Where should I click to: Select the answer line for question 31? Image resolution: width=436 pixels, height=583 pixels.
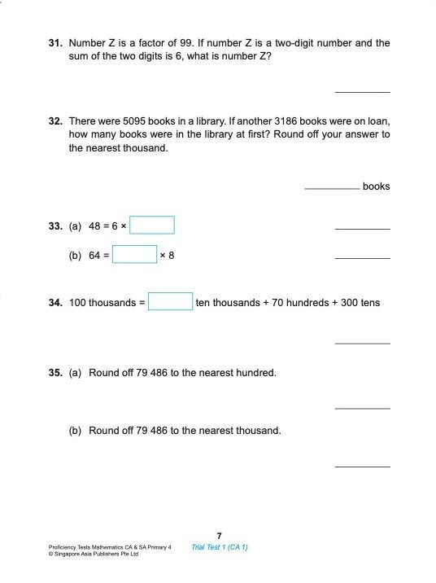(x=362, y=91)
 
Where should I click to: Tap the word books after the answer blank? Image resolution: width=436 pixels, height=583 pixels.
(x=376, y=186)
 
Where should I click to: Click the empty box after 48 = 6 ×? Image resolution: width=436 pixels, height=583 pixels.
(x=152, y=225)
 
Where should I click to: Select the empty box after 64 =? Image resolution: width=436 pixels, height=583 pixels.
(x=134, y=255)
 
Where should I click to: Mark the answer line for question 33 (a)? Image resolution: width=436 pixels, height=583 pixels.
(x=362, y=229)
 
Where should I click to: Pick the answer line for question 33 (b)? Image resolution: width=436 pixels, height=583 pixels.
(x=362, y=258)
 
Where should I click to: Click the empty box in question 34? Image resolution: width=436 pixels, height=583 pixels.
(x=170, y=302)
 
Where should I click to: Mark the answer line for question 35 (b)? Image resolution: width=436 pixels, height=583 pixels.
(x=362, y=466)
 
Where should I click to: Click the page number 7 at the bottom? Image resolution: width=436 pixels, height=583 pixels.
(x=220, y=535)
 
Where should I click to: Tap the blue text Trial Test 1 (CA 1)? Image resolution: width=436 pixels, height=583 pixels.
(x=220, y=547)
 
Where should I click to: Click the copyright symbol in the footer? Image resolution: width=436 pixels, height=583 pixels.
(x=51, y=555)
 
